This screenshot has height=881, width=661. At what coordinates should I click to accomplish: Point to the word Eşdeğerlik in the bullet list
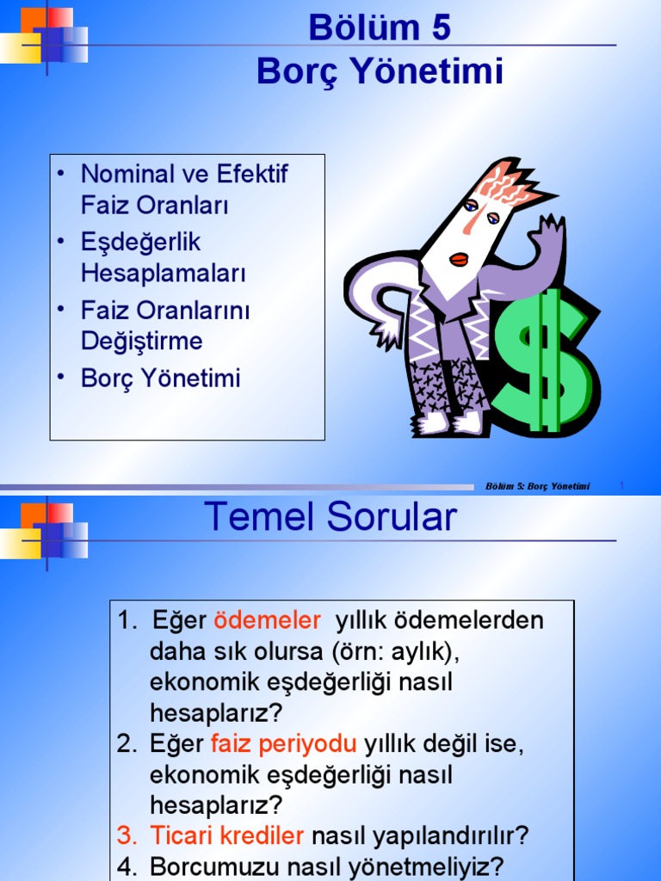[x=140, y=242]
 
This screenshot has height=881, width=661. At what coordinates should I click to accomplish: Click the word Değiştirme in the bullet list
[x=142, y=341]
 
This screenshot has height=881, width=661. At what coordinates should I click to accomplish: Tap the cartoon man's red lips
[x=459, y=258]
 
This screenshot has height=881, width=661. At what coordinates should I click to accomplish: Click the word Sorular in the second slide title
[x=392, y=518]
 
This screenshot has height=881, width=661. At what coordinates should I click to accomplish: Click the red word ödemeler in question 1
[x=267, y=620]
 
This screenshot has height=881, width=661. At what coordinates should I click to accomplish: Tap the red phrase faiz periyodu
[x=283, y=743]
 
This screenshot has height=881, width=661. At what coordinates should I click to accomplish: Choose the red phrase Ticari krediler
[x=227, y=835]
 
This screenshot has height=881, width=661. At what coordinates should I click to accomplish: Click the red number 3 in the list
[x=127, y=835]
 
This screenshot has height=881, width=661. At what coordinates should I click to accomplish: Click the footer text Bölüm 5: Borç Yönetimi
[x=538, y=487]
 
